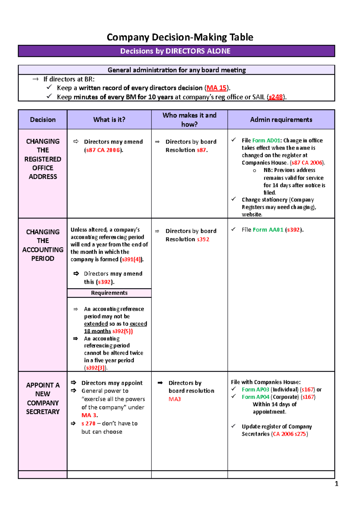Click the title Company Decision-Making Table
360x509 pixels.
tap(180, 37)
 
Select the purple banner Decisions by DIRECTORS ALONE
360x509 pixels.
tap(175, 51)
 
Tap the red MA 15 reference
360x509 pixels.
tap(216, 88)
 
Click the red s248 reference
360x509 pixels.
tap(276, 97)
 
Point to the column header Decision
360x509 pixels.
tap(43, 120)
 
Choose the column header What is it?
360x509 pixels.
tap(109, 120)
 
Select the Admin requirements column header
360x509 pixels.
tap(281, 120)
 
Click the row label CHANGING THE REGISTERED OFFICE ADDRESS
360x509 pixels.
tap(43, 159)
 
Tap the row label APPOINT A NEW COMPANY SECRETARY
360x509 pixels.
tap(43, 398)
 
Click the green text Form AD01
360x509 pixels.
tap(266, 141)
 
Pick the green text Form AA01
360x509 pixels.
tap(268, 230)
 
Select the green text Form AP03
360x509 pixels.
tap(255, 390)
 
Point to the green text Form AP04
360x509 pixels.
tap(255, 397)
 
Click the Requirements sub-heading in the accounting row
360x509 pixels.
tap(109, 293)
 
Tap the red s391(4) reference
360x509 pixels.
tap(131, 260)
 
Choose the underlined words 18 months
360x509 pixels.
tap(97, 331)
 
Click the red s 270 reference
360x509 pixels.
tap(88, 424)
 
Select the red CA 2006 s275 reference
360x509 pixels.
tap(289, 434)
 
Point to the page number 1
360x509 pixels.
tap(336, 484)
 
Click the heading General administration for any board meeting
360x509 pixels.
tap(176, 70)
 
